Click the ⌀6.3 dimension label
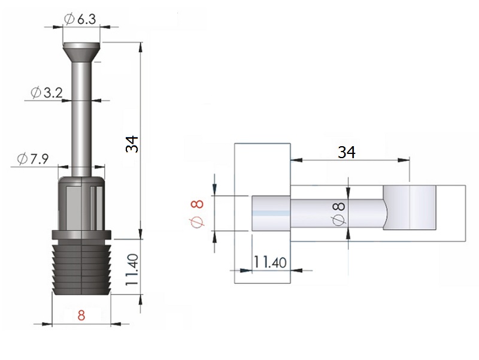[x=80, y=19]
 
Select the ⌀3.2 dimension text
[x=47, y=92]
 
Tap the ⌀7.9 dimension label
[x=33, y=159]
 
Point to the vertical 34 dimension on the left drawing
[x=132, y=144]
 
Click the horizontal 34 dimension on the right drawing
[x=347, y=152]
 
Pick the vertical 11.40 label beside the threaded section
[x=132, y=270]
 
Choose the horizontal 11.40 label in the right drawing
[x=270, y=262]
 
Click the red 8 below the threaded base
[x=81, y=315]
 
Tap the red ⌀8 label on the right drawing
[x=198, y=214]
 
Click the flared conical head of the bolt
[x=81, y=52]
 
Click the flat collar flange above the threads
[x=81, y=235]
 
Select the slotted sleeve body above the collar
[x=81, y=203]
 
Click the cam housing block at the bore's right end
[x=410, y=207]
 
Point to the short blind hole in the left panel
[x=271, y=213]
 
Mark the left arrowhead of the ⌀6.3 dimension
[x=58, y=27]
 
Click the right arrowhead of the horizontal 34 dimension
[x=404, y=159]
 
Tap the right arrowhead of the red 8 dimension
[x=116, y=324]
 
